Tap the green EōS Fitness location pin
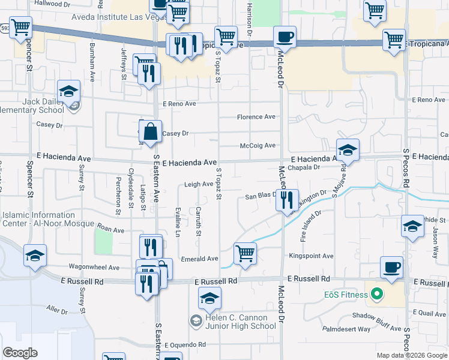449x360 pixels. [x=377, y=295]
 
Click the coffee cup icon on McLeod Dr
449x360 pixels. [x=285, y=37]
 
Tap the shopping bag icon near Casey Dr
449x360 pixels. [x=151, y=131]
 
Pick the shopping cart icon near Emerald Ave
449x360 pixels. [x=245, y=253]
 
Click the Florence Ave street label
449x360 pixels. [x=256, y=117]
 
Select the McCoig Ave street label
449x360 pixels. [x=258, y=145]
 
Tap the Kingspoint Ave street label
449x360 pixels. [x=311, y=256]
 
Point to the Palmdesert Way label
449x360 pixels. [x=346, y=329]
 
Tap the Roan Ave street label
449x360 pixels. [x=110, y=229]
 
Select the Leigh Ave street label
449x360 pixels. [x=199, y=184]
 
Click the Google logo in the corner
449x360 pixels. [x=20, y=353]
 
